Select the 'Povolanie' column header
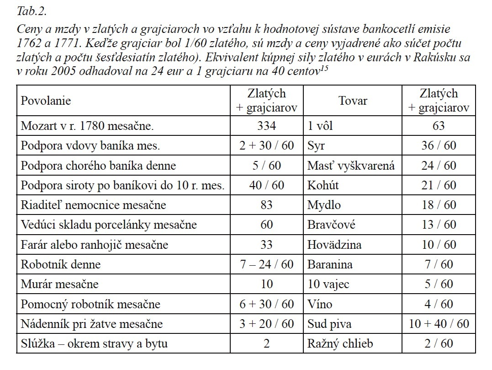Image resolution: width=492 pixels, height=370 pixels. click(46, 100)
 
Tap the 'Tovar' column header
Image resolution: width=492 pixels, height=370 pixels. click(353, 101)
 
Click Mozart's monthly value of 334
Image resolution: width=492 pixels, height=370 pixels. click(266, 126)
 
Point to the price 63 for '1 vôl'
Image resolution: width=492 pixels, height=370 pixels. click(438, 126)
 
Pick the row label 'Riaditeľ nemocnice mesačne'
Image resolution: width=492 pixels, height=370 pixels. click(93, 205)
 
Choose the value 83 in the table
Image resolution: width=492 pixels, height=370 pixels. click(266, 205)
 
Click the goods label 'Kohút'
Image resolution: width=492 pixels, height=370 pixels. click(323, 185)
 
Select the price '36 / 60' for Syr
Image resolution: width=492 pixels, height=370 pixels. click(438, 146)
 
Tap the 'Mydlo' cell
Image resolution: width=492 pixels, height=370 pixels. click(324, 205)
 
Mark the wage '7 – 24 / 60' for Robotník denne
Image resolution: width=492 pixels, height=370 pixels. click(266, 264)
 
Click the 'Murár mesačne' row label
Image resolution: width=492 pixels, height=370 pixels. click(59, 284)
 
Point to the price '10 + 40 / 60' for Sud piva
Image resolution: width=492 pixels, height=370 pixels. click(438, 324)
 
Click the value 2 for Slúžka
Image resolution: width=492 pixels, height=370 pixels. click(266, 343)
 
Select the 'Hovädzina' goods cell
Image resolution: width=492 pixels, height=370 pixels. click(334, 245)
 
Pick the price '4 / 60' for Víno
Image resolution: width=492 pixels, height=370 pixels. click(438, 304)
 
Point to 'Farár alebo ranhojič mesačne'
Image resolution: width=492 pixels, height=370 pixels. click(94, 245)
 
